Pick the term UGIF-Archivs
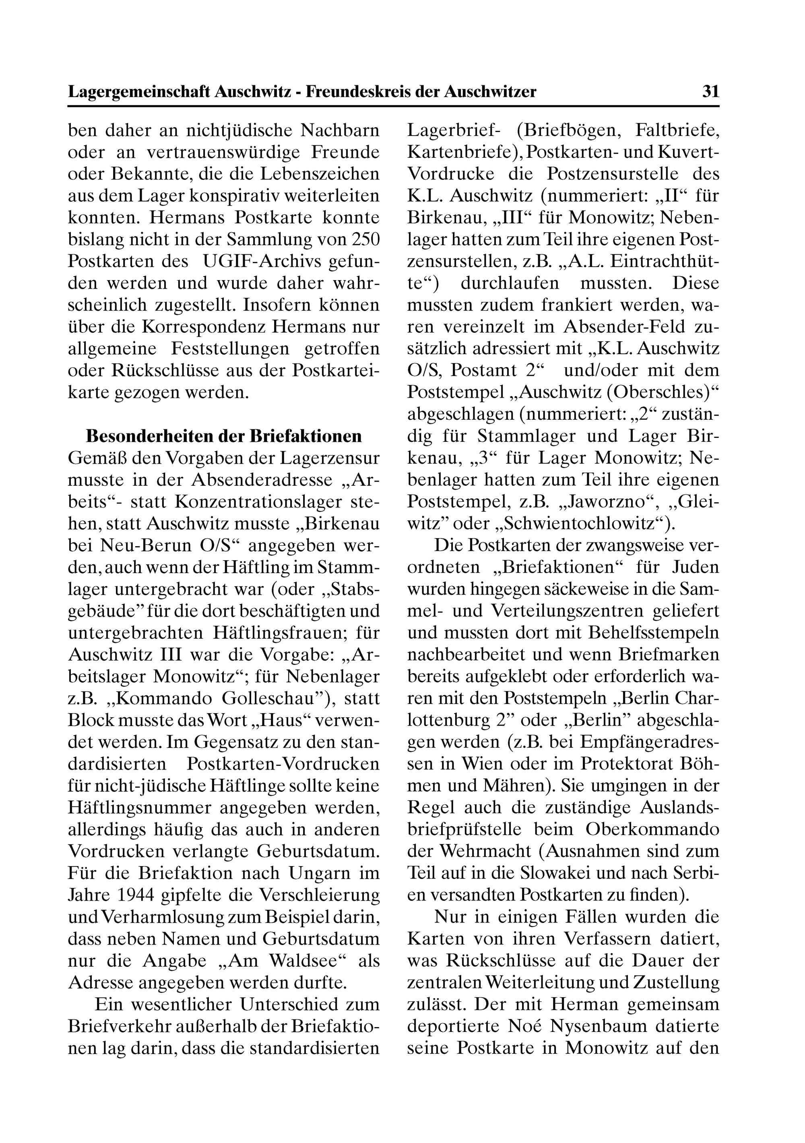[x=257, y=261]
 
